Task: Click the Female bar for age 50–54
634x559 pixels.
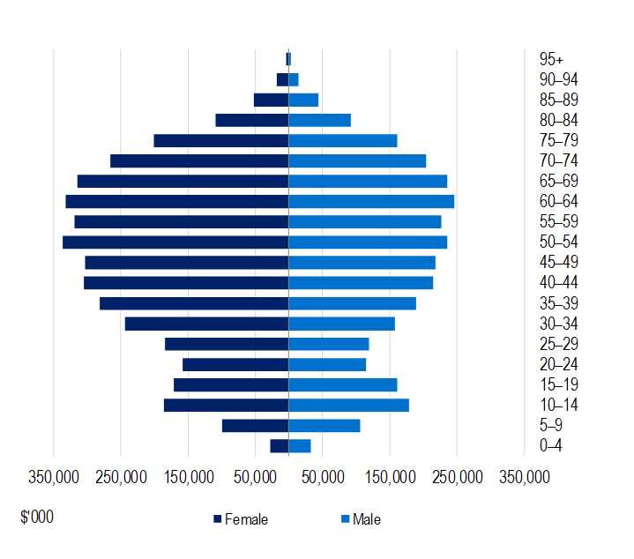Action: coord(175,242)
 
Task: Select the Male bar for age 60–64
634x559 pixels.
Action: coord(371,202)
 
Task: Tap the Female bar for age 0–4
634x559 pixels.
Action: coord(280,446)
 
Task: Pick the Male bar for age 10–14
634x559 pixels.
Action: coord(348,406)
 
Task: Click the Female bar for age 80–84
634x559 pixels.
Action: coord(252,120)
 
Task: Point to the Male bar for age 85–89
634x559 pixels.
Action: coord(303,100)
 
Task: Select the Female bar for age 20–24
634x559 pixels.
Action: coord(235,365)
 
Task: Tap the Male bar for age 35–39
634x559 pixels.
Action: coord(352,303)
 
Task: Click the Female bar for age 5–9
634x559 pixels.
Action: coord(255,426)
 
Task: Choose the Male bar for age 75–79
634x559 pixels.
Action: coord(343,141)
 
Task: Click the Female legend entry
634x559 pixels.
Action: coord(240,519)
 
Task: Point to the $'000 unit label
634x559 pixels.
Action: coord(37,517)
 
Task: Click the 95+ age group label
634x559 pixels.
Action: coord(551,59)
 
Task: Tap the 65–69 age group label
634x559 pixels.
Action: coord(558,182)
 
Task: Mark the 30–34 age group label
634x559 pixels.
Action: coord(558,324)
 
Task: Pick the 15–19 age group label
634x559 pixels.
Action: coord(558,385)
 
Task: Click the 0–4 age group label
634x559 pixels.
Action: coord(550,446)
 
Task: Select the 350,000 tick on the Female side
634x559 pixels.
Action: coord(54,477)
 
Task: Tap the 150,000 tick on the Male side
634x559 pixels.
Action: coord(391,477)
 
